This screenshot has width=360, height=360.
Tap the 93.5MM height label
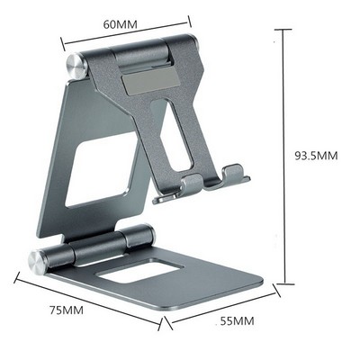pos(316,156)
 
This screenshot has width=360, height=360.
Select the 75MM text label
pos(66,310)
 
